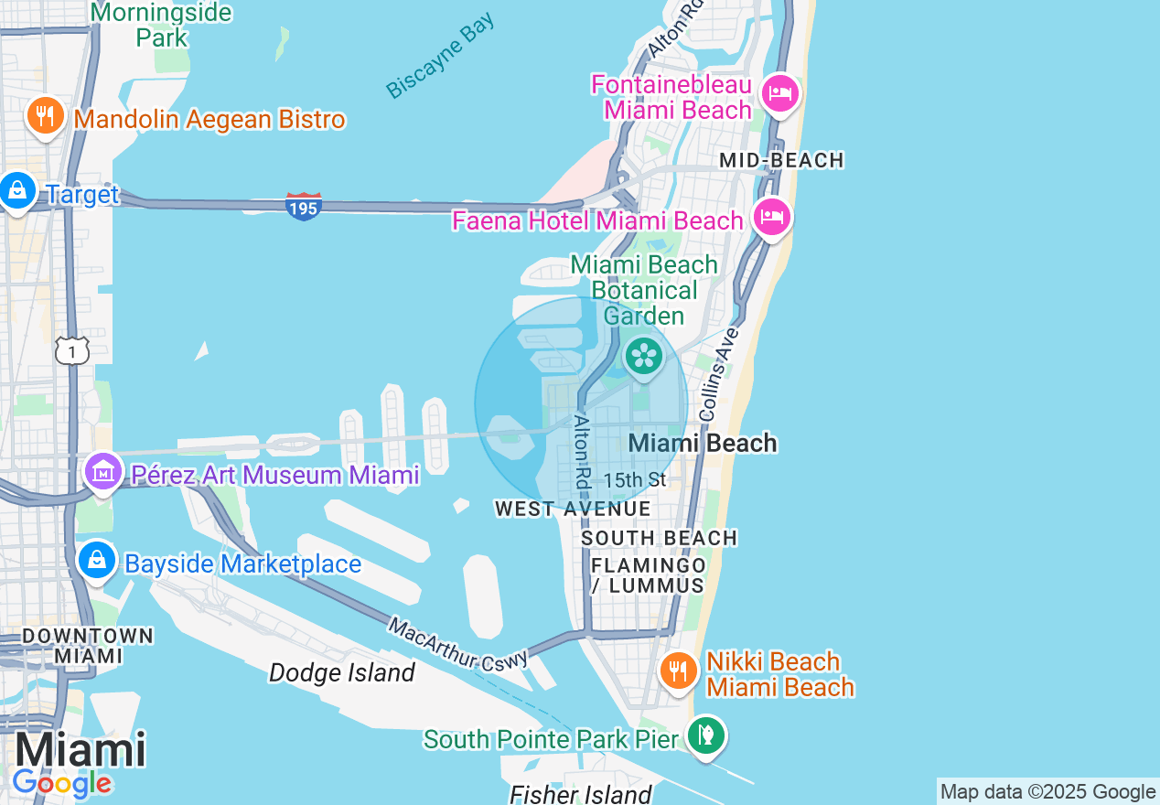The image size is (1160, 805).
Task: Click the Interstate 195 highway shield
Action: pyautogui.click(x=303, y=206)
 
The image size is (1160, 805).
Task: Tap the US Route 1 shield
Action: pyautogui.click(x=72, y=350)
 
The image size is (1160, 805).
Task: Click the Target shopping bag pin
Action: pyautogui.click(x=17, y=191)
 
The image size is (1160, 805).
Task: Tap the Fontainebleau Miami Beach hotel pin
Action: pyautogui.click(x=780, y=93)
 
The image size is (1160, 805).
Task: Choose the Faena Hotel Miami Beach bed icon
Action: pyautogui.click(x=771, y=218)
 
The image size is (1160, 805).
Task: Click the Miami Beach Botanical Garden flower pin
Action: pyautogui.click(x=644, y=355)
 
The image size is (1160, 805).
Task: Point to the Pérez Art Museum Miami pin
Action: pyautogui.click(x=102, y=472)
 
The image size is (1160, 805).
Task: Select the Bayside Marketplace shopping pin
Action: pyautogui.click(x=96, y=560)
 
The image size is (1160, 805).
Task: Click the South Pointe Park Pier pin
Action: pyautogui.click(x=705, y=735)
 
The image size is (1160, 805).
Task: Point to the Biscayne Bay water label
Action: pyautogui.click(x=440, y=55)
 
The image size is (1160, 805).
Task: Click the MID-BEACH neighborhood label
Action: pyautogui.click(x=781, y=161)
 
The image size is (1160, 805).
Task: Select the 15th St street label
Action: pyautogui.click(x=635, y=480)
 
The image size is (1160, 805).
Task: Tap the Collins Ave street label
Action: pyautogui.click(x=717, y=377)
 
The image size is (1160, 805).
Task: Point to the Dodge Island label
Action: pyautogui.click(x=341, y=673)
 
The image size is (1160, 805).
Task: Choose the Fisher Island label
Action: pyautogui.click(x=581, y=793)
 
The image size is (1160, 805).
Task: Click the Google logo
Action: pyautogui.click(x=61, y=783)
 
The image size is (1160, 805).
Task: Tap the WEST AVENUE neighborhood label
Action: pyautogui.click(x=573, y=509)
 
